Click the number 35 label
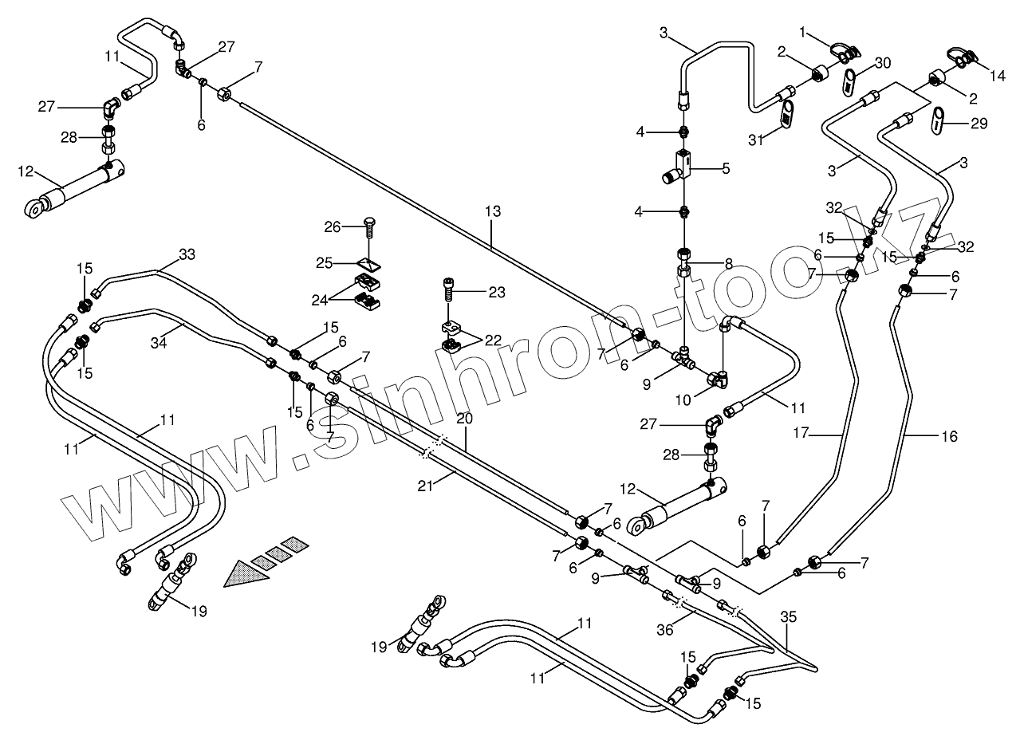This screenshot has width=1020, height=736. [788, 616]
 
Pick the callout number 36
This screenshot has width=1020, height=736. [664, 629]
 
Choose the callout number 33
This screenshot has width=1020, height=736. [186, 254]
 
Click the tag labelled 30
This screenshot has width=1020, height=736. [850, 81]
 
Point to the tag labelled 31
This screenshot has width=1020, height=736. [786, 114]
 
